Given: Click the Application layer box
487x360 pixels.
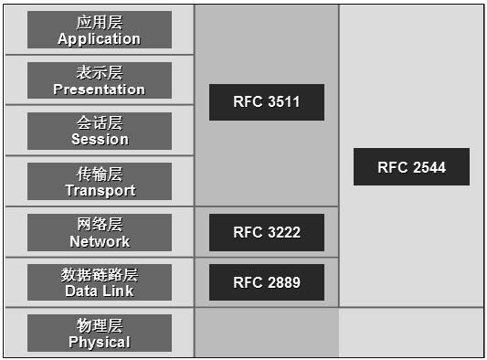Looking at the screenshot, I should tap(99, 29).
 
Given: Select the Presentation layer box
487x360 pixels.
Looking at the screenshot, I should tap(99, 80).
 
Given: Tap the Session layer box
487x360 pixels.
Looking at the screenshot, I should tap(99, 131).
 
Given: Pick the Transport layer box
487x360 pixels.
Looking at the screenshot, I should tap(99, 181).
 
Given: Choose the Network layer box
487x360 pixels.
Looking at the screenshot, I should tap(99, 232).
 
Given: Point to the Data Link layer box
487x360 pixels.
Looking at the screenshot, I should tap(99, 282).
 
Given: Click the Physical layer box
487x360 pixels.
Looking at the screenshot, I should tap(99, 333).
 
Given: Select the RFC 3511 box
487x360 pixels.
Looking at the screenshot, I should tap(266, 102).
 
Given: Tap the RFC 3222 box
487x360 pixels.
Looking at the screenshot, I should tap(266, 232).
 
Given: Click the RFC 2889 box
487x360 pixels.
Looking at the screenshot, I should tap(266, 282).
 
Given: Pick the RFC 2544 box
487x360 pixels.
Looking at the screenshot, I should tap(411, 167).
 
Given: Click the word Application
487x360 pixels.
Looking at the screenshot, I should tap(99, 39).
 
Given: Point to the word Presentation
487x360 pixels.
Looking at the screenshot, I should tap(99, 90).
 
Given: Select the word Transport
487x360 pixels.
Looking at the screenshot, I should tap(100, 190).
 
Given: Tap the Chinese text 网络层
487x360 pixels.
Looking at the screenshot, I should tap(100, 224).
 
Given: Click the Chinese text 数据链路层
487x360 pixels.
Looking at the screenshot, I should tap(100, 274).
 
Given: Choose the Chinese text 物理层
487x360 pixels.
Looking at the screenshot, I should tap(100, 324).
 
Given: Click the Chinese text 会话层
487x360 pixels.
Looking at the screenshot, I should tap(100, 122).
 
